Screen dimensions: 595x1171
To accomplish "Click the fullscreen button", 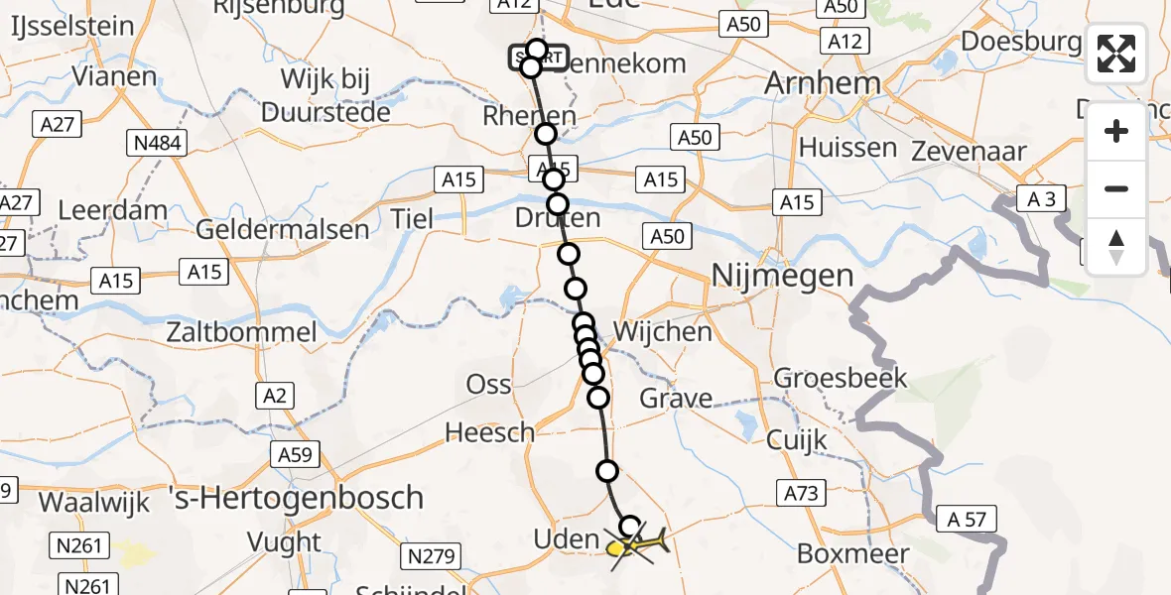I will pyautogui.click(x=1116, y=54).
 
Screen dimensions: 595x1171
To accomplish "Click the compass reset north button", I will pyautogui.click(x=1116, y=246).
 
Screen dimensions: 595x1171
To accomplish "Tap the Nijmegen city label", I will pyautogui.click(x=782, y=275).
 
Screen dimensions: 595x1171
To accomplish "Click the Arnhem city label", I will pyautogui.click(x=823, y=83).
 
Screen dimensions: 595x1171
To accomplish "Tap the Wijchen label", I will pyautogui.click(x=662, y=330).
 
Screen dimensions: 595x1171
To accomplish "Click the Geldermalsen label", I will pyautogui.click(x=283, y=230).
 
